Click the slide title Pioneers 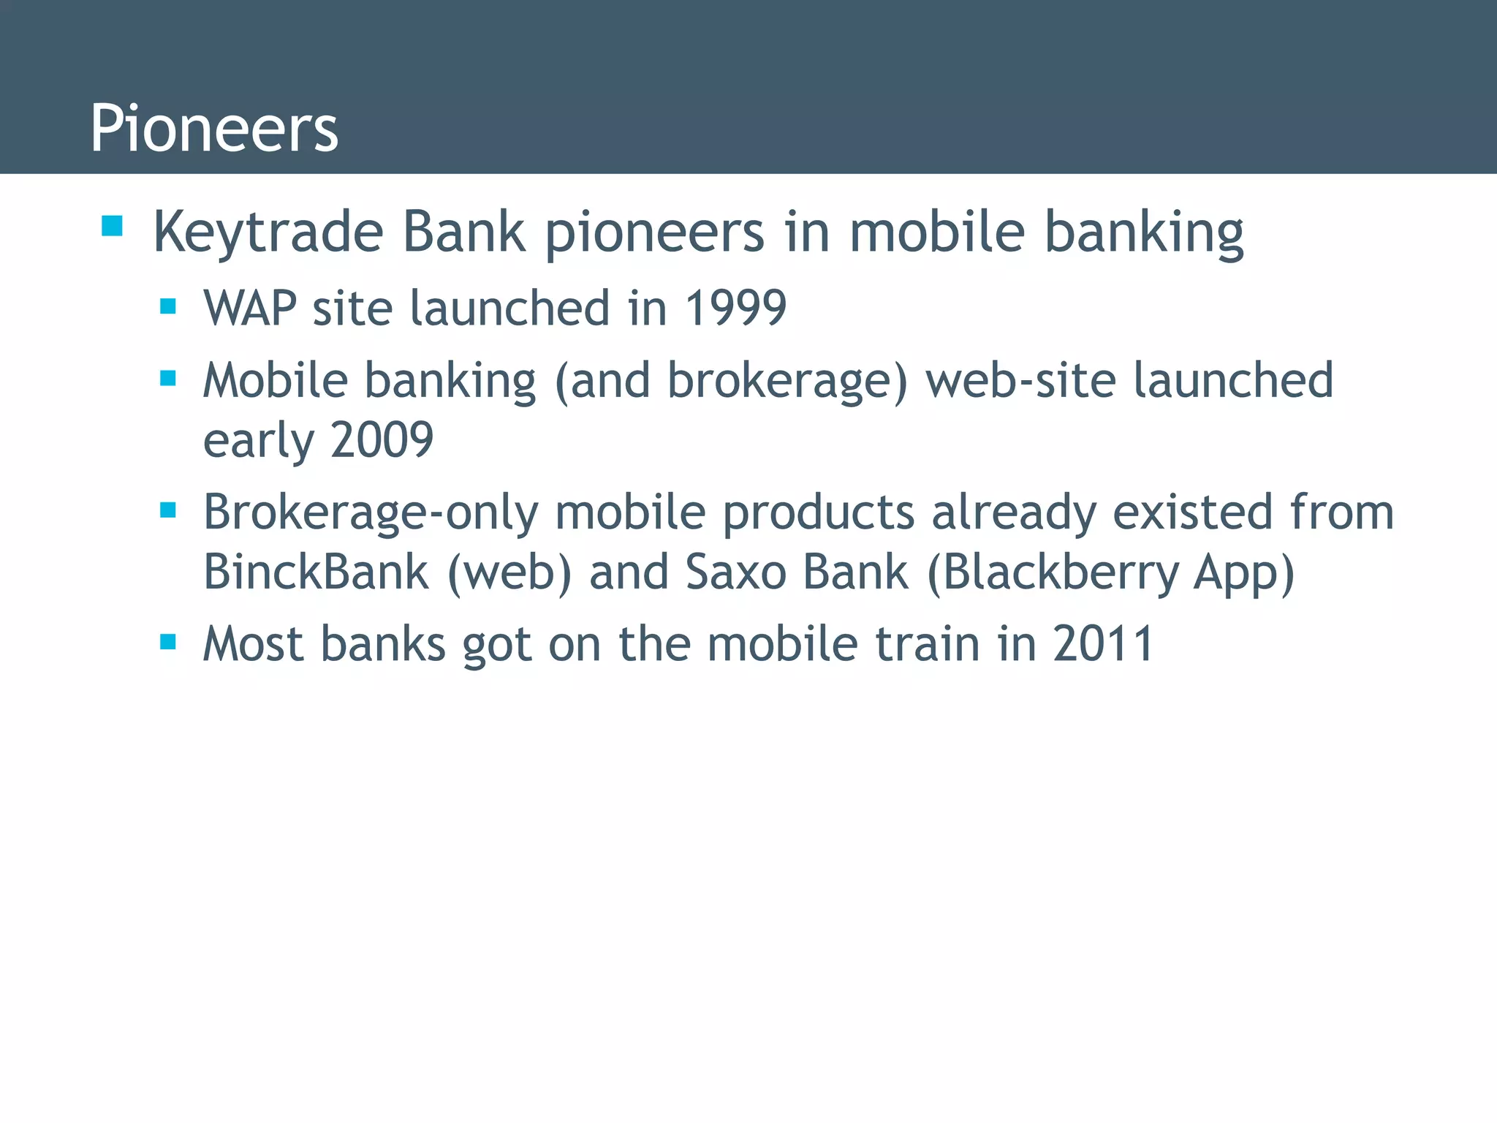[213, 128]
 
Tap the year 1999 [735, 308]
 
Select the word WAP [249, 308]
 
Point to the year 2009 [382, 440]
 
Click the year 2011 [1103, 644]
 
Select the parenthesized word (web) [509, 572]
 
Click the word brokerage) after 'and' [787, 381]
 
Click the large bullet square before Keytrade [112, 226]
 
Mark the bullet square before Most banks [168, 642]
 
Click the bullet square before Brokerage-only [168, 510]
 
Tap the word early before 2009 [257, 440]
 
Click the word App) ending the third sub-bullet [1243, 572]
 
